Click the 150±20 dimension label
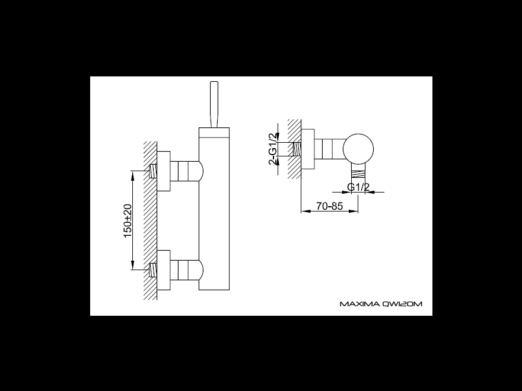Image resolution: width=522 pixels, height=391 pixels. pos(128,220)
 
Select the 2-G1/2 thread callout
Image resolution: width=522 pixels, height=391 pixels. pos(273,149)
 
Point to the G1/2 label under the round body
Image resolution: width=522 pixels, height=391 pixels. pos(358,187)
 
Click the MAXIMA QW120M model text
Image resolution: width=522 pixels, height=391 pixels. pos(381,304)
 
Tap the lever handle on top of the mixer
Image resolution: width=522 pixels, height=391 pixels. pos(214,104)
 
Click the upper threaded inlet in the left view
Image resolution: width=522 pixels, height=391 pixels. pos(153,171)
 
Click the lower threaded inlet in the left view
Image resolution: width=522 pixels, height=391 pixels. pos(153,270)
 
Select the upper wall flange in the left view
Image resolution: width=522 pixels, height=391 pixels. pos(164,171)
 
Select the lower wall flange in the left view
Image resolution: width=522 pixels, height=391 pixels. pos(164,270)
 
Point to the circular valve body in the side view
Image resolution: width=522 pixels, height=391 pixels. pos(358,149)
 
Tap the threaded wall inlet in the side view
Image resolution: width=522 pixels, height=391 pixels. pos(297,149)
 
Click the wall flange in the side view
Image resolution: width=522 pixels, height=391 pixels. pos(308,149)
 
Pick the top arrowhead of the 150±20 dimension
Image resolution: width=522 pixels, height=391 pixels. pos(132,174)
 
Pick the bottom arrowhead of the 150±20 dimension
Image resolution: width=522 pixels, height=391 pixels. pos(132,265)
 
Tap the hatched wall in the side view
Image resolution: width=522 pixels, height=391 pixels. pos(294,149)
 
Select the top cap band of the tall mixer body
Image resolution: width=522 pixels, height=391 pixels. pos(214,132)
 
